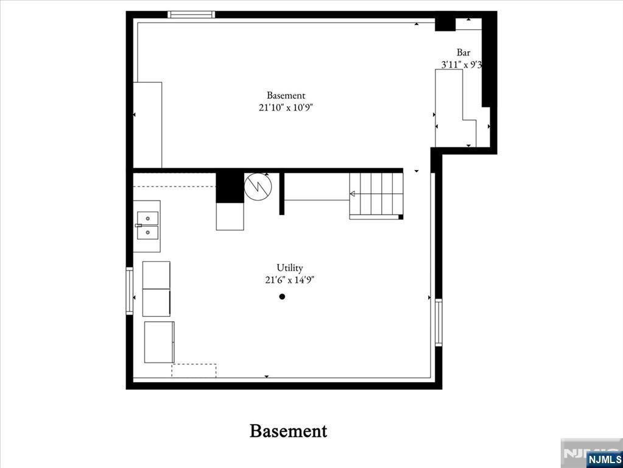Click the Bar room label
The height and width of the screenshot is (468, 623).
point(463,53)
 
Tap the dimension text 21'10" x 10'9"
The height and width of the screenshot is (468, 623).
point(286,107)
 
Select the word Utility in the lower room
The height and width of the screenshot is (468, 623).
point(289,268)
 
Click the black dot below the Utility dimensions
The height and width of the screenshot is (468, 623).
point(282,297)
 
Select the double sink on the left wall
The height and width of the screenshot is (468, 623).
point(147,225)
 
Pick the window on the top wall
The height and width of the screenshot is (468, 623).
point(191,15)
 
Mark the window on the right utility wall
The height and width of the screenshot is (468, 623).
point(438,322)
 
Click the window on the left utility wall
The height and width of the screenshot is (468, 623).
point(129,291)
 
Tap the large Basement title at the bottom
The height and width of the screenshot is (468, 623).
point(288,431)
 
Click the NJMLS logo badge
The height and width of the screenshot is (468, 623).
point(604,459)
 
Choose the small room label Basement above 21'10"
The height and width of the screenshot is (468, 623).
point(286,95)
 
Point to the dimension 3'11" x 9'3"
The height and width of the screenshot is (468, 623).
point(462,64)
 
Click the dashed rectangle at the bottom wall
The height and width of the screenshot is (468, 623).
point(194,370)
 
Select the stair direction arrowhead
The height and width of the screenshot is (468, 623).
point(352,194)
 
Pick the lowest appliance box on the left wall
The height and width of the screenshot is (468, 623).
point(159,342)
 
